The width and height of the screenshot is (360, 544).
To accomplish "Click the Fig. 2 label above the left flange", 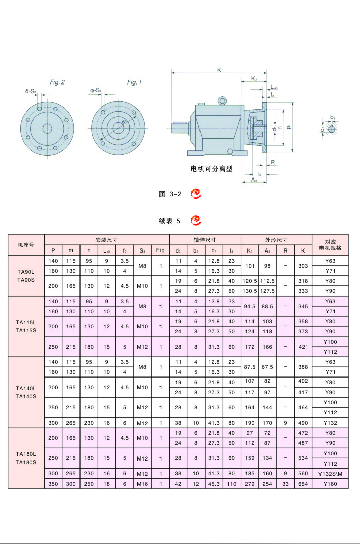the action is pyautogui.click(x=57, y=82).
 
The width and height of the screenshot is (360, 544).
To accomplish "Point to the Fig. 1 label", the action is pyautogui.click(x=134, y=82).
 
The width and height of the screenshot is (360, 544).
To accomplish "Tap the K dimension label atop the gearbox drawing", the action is pyautogui.click(x=219, y=70).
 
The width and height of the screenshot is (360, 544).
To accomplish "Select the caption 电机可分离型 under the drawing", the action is pyautogui.click(x=212, y=169).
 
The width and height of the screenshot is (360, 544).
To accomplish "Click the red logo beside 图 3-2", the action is pyautogui.click(x=196, y=193).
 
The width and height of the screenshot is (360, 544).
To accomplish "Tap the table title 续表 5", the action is pyautogui.click(x=170, y=221).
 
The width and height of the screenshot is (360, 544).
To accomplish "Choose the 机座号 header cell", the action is pyautogui.click(x=26, y=245).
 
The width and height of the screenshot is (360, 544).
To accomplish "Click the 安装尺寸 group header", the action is pyautogui.click(x=106, y=240).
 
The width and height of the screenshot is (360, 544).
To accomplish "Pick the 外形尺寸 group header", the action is pyautogui.click(x=276, y=240).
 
